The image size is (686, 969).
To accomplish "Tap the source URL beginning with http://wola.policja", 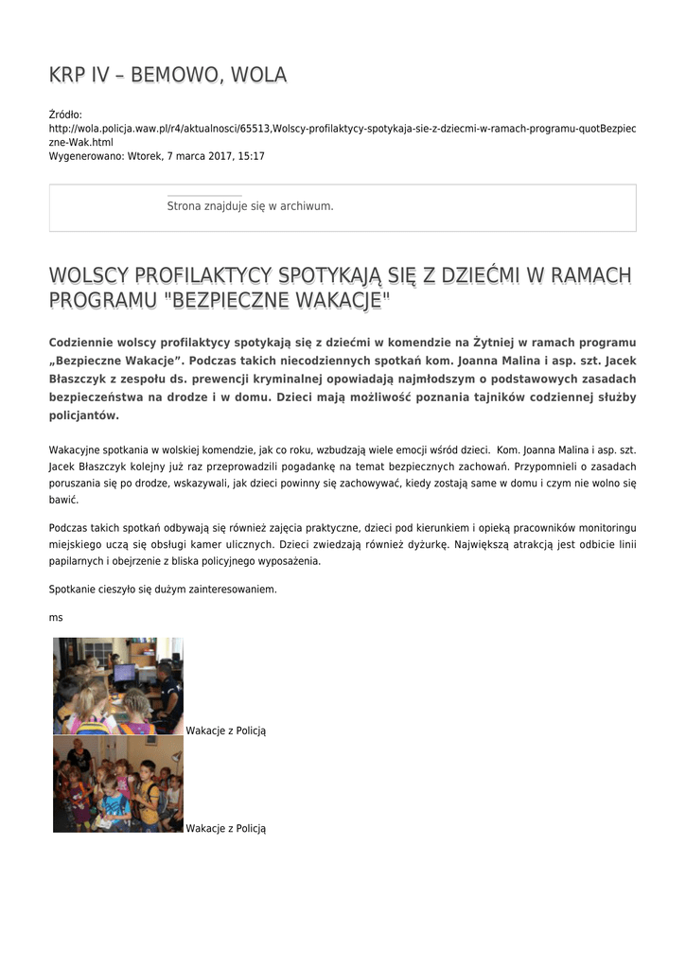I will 342,128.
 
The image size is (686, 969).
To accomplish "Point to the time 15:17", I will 252,155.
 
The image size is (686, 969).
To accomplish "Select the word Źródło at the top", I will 65,115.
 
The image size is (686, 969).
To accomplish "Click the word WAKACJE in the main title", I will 337,302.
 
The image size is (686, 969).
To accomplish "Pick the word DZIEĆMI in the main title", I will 479,276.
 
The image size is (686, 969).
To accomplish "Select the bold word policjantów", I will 83,415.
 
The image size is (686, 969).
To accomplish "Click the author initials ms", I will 56,617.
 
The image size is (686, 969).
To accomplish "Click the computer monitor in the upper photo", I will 124,674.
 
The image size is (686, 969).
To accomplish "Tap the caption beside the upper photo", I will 226,731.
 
